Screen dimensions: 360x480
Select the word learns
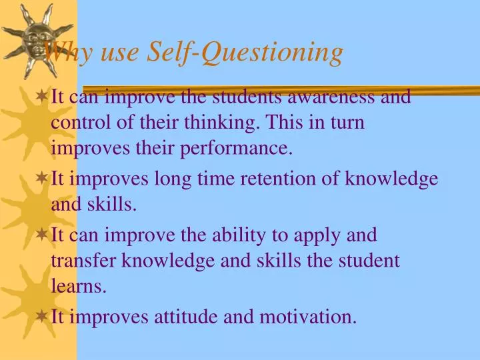[78, 287]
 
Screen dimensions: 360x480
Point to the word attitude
[188, 317]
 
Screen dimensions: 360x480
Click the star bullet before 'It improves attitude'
[41, 317]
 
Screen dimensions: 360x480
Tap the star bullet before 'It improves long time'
[41, 179]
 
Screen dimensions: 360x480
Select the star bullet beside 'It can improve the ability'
[41, 235]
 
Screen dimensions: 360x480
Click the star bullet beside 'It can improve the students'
[41, 97]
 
